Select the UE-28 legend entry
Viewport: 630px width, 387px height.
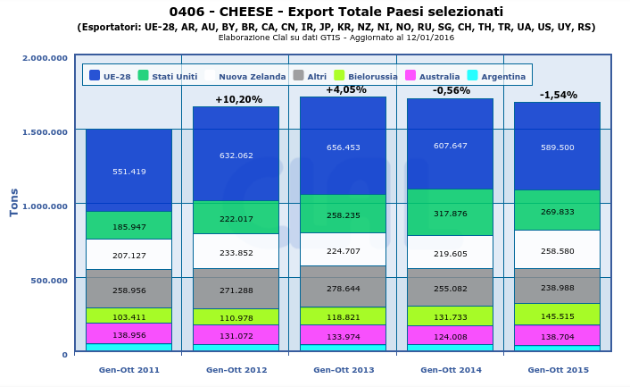(111, 76)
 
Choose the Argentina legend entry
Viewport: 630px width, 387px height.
(496, 76)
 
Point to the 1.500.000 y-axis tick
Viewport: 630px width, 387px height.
(44, 132)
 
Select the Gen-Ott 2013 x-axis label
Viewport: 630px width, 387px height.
(344, 369)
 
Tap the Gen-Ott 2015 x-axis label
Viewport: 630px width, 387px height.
(558, 369)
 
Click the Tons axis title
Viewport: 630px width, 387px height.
(14, 202)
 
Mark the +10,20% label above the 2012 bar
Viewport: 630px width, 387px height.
(238, 100)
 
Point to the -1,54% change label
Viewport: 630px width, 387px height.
(558, 95)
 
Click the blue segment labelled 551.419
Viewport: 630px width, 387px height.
(128, 171)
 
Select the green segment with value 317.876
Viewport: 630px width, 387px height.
(450, 213)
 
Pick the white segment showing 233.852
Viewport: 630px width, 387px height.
(236, 252)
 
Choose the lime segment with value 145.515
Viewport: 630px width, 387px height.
(557, 315)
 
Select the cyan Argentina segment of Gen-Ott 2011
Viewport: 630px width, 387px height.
(128, 347)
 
